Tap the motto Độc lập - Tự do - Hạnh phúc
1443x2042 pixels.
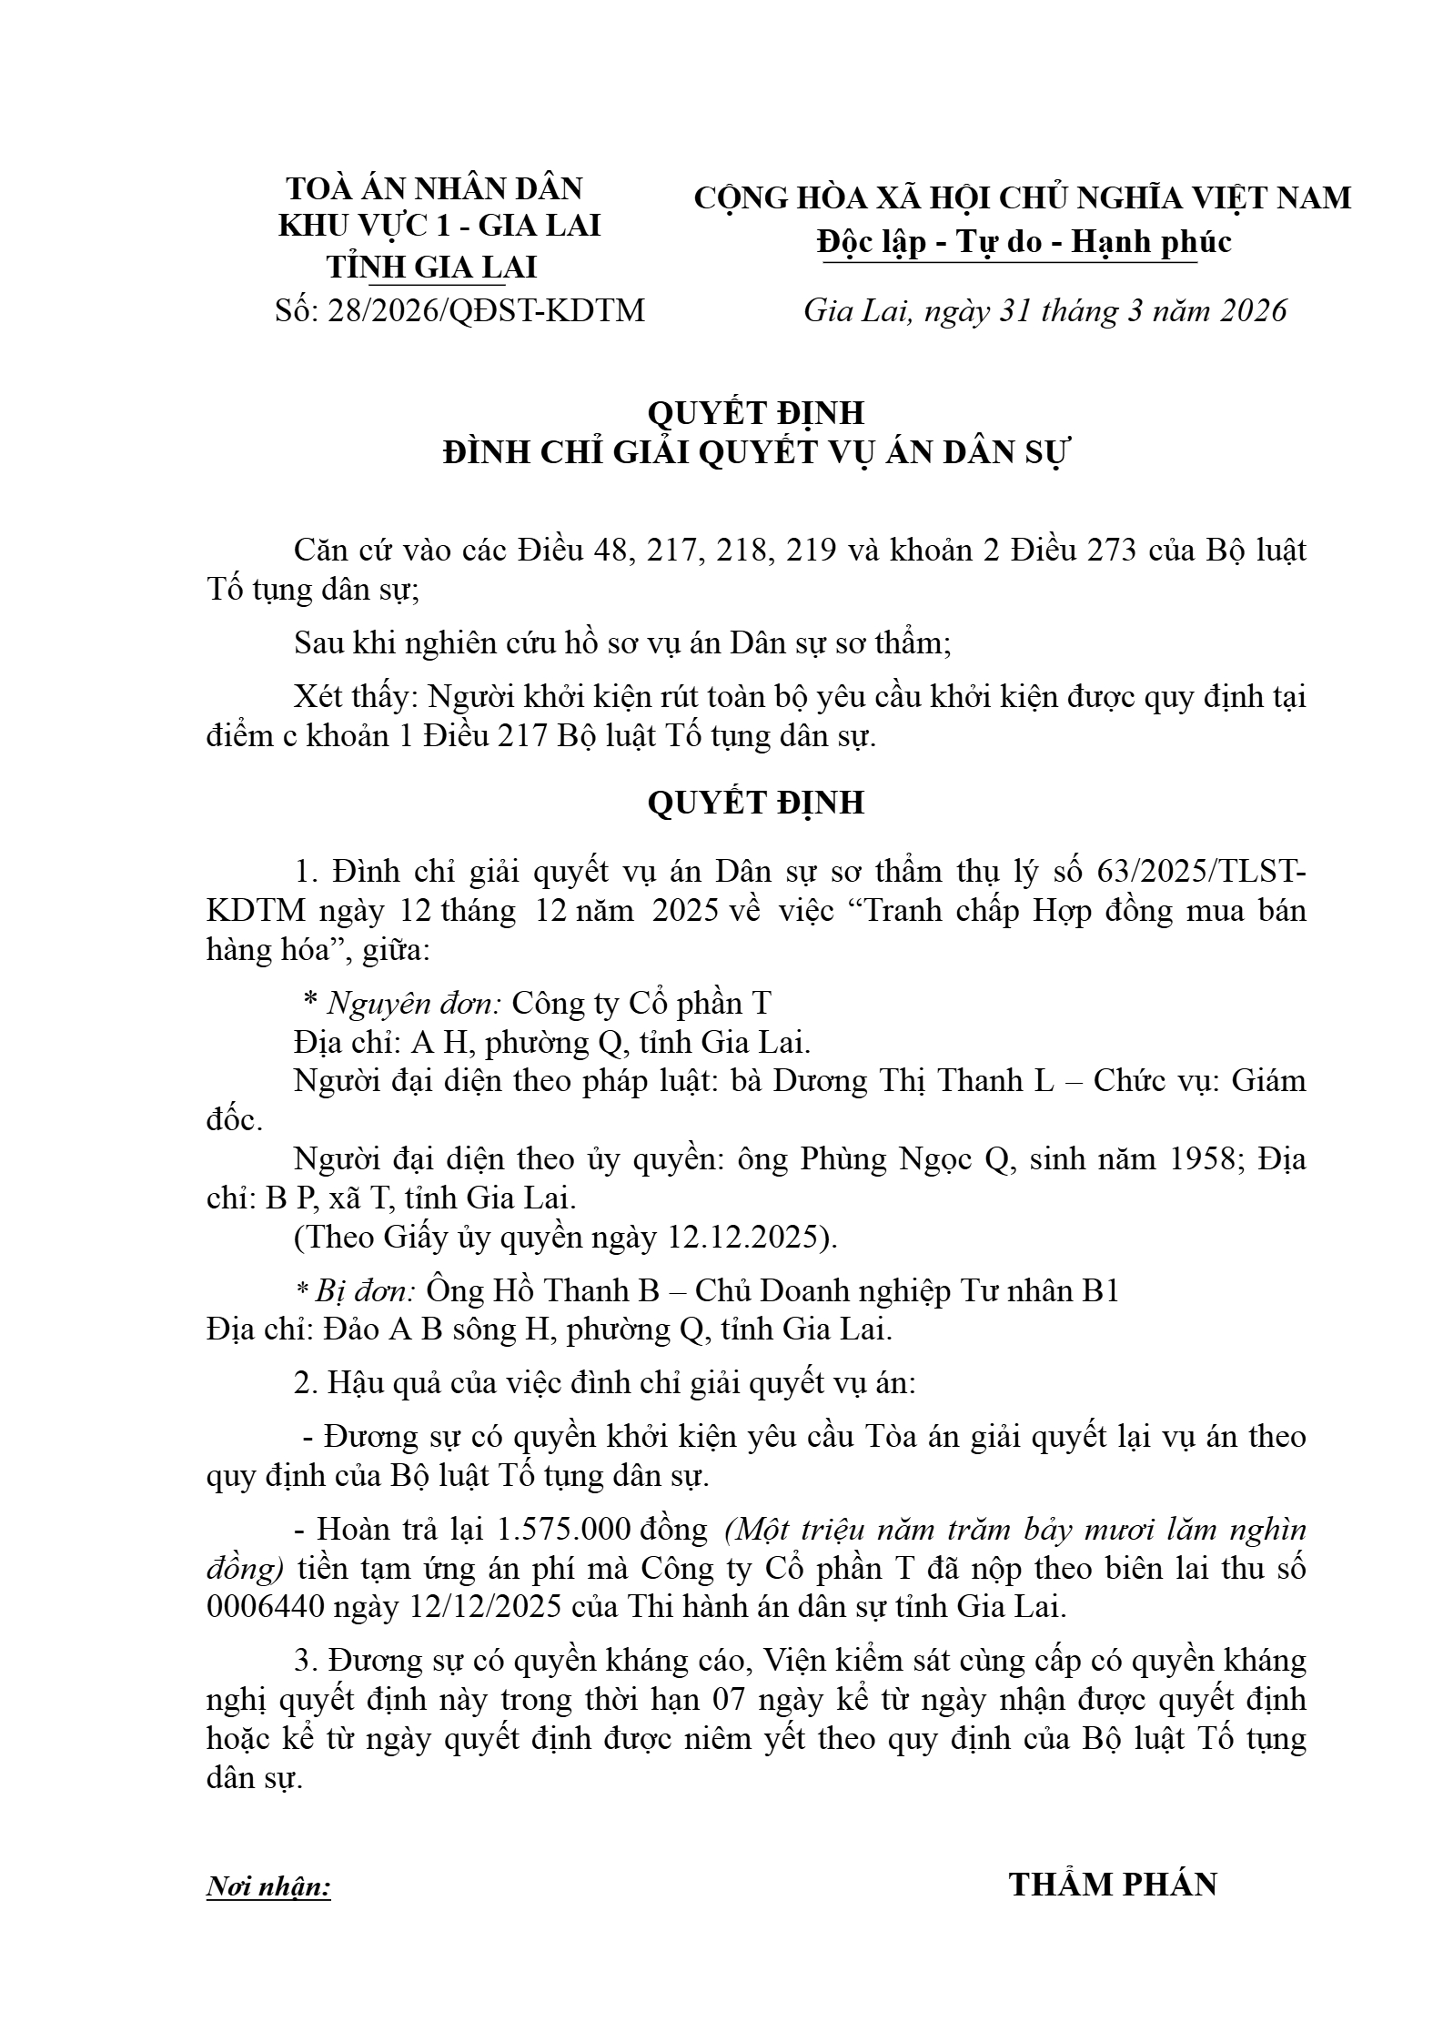point(1024,241)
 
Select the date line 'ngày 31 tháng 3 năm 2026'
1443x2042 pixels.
point(1106,310)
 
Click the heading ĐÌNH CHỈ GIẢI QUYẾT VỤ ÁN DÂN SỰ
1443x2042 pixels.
point(758,453)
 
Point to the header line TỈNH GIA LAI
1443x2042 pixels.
point(432,267)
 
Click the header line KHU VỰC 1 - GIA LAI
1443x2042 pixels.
point(439,226)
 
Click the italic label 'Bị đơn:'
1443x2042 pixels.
point(365,1289)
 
